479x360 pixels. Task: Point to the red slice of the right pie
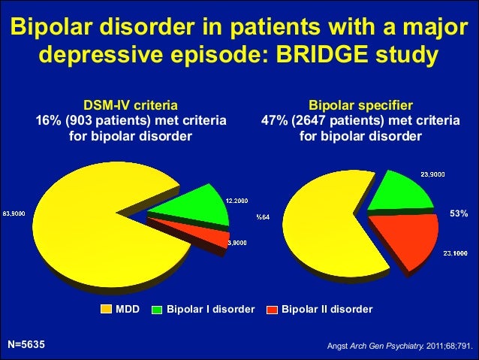[405, 239]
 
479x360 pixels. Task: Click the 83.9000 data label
[14, 213]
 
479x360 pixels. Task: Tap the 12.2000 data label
[237, 200]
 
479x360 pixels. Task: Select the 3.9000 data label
[238, 242]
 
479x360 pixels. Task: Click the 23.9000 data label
[432, 174]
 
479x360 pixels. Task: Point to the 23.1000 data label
[456, 253]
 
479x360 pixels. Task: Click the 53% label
[459, 214]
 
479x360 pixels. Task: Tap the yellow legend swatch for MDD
[106, 309]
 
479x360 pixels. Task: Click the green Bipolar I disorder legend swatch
[158, 309]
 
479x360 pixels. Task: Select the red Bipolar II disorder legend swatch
[272, 309]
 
